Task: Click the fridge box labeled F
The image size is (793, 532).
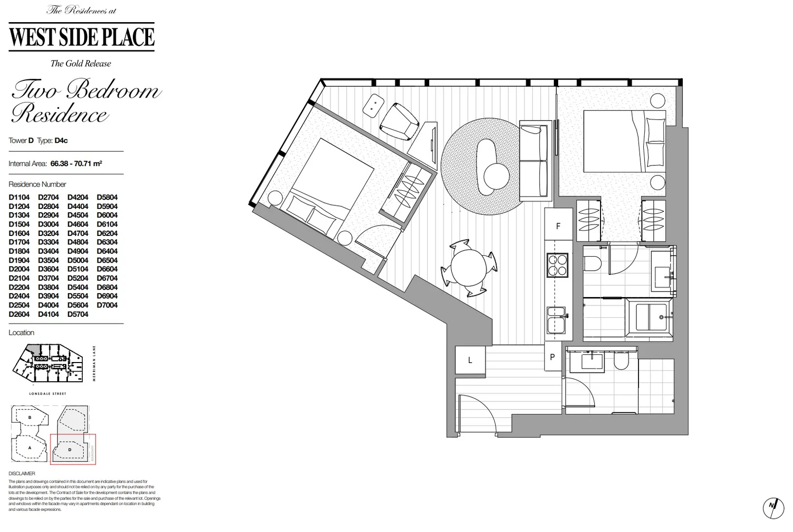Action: [x=558, y=226]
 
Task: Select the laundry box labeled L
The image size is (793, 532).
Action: [x=470, y=360]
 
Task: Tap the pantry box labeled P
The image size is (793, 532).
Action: [x=552, y=357]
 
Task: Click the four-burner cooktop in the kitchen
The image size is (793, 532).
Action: [x=557, y=266]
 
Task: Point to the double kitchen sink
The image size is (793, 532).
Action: [x=557, y=320]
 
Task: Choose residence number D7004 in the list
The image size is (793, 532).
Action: [x=107, y=305]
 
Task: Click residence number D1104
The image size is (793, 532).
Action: [x=19, y=197]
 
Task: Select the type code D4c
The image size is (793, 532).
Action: [x=61, y=140]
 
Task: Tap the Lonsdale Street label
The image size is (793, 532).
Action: [x=48, y=394]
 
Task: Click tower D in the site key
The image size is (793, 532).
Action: [x=70, y=449]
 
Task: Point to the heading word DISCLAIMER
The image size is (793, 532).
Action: [x=22, y=473]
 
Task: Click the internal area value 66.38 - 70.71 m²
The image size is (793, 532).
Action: [x=76, y=164]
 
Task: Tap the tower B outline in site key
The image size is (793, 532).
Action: [x=30, y=417]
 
